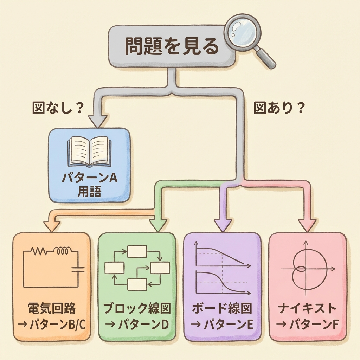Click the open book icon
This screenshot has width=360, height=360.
tap(89, 152)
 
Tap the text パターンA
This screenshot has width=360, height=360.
tap(89, 178)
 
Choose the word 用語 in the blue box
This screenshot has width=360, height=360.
tap(89, 192)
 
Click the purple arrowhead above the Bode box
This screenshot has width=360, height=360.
tap(223, 225)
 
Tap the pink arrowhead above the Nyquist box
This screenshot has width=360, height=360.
tap(307, 225)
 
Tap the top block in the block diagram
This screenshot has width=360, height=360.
tap(137, 251)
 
